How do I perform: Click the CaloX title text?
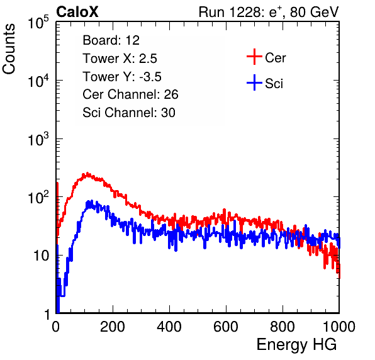coord(77,12)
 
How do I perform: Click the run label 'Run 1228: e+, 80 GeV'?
coord(269,12)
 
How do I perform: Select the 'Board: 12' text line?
coord(111,40)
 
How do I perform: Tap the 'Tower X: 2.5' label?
coord(120,59)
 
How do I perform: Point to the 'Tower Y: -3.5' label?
coord(122,77)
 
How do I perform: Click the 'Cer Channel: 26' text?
coord(130,94)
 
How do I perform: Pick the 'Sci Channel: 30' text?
coord(129,113)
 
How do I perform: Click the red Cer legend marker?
coord(254,57)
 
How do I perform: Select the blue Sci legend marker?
coord(254,82)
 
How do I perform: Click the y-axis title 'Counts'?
coord(9,49)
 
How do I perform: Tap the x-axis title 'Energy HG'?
coord(296,345)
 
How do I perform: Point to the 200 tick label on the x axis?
coord(113,327)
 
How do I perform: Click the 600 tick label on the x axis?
coord(226,327)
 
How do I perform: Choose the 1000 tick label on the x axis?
coord(339,327)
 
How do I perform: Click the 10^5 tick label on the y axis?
coord(38,23)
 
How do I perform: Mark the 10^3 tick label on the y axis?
coord(38,139)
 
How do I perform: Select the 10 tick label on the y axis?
coord(41,256)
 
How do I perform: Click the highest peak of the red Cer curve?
coord(87,172)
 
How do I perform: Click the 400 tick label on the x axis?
coord(169,327)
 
